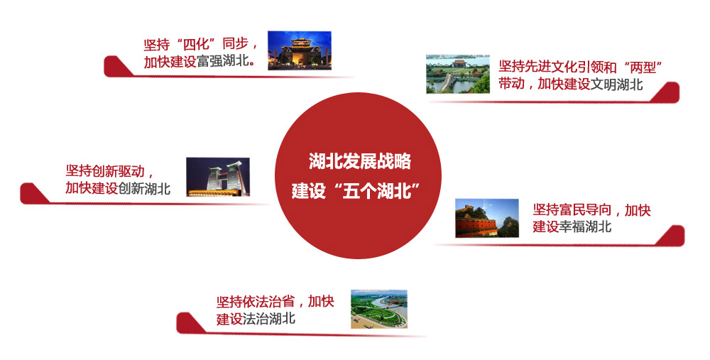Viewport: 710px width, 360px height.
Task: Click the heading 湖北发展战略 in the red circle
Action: pos(360,161)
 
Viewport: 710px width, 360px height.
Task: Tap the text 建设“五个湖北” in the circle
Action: pos(355,190)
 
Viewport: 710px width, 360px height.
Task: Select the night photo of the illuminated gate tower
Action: pos(300,50)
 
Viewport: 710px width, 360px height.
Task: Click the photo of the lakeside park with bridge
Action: pos(458,75)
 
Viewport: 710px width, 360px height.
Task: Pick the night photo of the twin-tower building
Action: pos(218,177)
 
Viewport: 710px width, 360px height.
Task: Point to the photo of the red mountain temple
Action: pos(487,218)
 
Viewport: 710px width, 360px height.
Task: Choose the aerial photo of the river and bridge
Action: pos(379,310)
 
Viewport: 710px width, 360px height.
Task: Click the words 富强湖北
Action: pos(223,61)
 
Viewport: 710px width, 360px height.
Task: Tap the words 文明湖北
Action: pos(617,84)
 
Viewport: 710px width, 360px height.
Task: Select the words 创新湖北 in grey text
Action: pos(144,188)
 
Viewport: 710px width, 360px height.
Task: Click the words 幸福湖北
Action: pos(585,227)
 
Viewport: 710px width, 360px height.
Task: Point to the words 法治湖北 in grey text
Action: pos(269,319)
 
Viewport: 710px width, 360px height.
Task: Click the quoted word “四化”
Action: pos(196,44)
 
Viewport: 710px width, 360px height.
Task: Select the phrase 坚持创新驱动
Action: pos(105,170)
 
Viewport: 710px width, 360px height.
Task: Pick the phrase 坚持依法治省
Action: pos(256,302)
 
